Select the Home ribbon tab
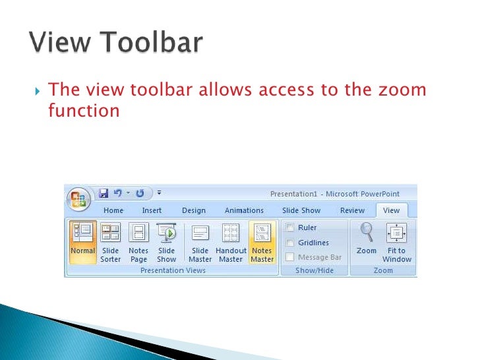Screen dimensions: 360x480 pyautogui.click(x=113, y=210)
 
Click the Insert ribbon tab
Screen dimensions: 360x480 pyautogui.click(x=152, y=210)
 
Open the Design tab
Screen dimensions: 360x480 pyautogui.click(x=194, y=210)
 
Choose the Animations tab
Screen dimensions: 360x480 pyautogui.click(x=244, y=210)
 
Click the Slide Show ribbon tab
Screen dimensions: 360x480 pyautogui.click(x=301, y=210)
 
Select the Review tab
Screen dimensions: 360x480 pyautogui.click(x=352, y=210)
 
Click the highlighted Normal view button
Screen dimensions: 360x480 pyautogui.click(x=83, y=241)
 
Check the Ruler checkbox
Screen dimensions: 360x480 pyautogui.click(x=290, y=227)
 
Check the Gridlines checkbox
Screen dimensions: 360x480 pyautogui.click(x=290, y=243)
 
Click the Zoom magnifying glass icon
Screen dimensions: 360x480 pyautogui.click(x=367, y=233)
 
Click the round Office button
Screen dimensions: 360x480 pyautogui.click(x=79, y=198)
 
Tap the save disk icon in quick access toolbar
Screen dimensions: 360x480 pyautogui.click(x=104, y=194)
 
